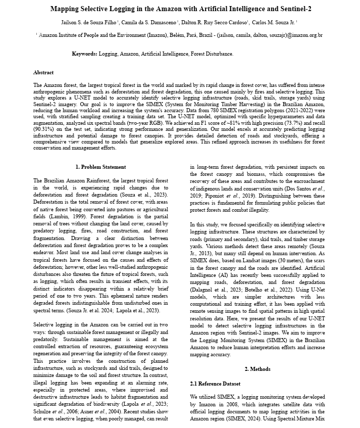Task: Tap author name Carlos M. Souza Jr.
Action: (x=274, y=23)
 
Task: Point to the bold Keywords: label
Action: (x=84, y=54)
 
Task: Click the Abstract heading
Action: (x=43, y=73)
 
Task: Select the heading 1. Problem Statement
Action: (x=100, y=167)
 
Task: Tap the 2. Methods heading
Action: (x=257, y=369)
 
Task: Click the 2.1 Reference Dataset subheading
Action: (x=215, y=385)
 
